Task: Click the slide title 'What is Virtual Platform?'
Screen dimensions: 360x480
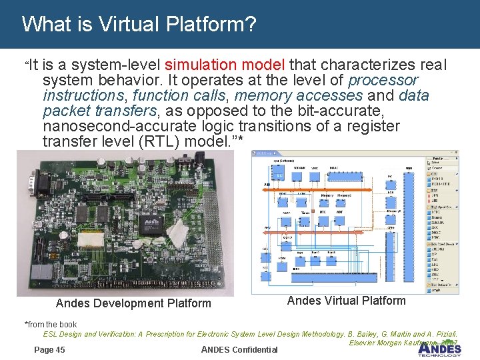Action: click(x=139, y=25)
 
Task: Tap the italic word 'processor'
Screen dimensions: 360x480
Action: click(x=383, y=80)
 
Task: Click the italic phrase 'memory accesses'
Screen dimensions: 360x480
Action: click(x=299, y=95)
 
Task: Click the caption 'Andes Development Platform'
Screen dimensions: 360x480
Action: click(x=133, y=304)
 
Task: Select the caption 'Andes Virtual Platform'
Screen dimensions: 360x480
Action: click(x=346, y=301)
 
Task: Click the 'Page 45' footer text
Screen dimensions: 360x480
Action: click(x=49, y=349)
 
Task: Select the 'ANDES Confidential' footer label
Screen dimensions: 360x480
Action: click(x=239, y=350)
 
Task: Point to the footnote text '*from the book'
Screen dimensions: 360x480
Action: click(x=51, y=325)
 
